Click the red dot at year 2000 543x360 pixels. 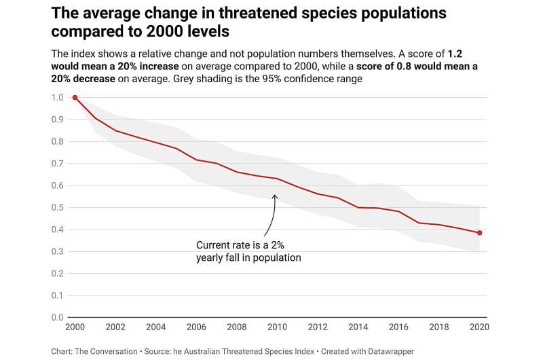point(75,98)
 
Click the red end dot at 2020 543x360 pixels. point(479,233)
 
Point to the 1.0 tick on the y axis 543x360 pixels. point(58,98)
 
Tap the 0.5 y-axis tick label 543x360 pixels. point(58,208)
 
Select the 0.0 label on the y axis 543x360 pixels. point(58,317)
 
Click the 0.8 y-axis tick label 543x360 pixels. point(58,142)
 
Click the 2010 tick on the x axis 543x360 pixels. point(277,328)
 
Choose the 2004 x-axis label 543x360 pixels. point(155,328)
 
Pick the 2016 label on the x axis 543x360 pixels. point(398,328)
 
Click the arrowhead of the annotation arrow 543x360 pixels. point(274,197)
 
